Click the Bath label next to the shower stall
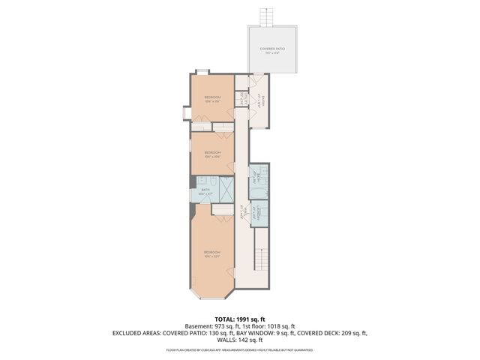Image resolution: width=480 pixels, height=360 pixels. (205, 190)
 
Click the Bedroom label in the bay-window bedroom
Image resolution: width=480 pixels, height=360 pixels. (212, 253)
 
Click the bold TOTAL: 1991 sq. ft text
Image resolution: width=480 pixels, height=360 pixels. (239, 318)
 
